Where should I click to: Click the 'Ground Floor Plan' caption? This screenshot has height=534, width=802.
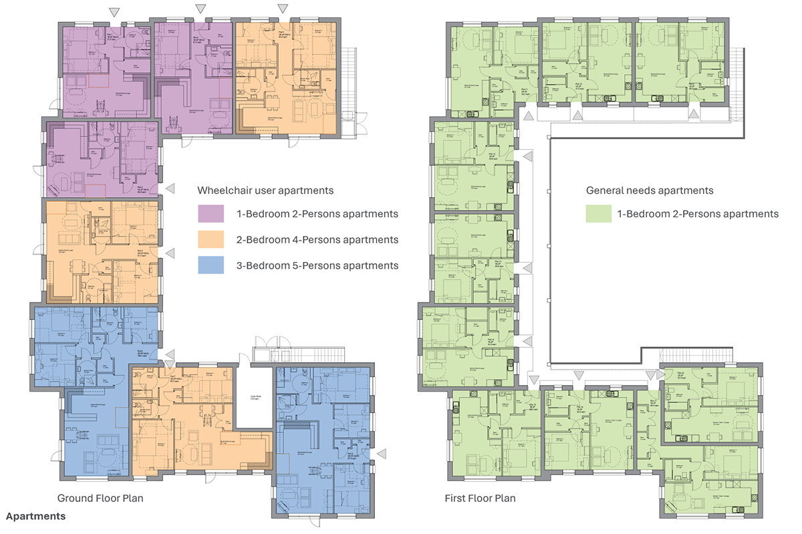[x=100, y=499]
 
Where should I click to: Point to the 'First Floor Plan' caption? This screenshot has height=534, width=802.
[x=480, y=499]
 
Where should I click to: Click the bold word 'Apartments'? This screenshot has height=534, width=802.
[x=36, y=517]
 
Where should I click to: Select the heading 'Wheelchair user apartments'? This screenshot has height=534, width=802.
[x=265, y=190]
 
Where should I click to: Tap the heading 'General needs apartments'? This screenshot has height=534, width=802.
[x=650, y=190]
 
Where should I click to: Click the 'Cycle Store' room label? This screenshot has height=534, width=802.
[x=255, y=394]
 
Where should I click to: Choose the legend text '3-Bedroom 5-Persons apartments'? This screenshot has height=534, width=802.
[x=317, y=265]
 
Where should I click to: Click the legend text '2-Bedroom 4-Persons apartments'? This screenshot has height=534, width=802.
[x=317, y=240]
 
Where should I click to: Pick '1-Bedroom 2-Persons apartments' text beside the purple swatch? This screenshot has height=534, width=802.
[x=317, y=215]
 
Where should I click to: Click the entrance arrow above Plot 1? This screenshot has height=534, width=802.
[x=115, y=11]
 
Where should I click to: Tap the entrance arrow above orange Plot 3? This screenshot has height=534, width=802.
[x=283, y=8]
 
